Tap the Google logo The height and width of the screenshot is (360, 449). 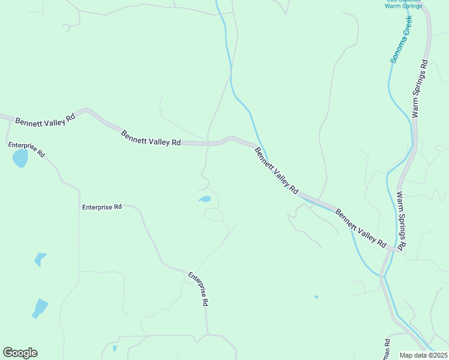[x=20, y=353]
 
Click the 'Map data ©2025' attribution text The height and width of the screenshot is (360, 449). [x=423, y=355]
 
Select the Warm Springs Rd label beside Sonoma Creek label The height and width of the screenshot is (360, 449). [x=420, y=88]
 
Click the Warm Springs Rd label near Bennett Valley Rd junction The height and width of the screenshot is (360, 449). [x=401, y=220]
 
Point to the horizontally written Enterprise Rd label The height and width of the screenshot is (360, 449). [x=102, y=207]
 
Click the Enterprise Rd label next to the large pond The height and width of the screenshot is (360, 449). [x=26, y=149]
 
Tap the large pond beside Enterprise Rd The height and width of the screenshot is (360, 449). [x=20, y=158]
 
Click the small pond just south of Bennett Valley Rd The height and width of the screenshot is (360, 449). [x=205, y=199]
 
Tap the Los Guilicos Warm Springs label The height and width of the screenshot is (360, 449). [x=403, y=4]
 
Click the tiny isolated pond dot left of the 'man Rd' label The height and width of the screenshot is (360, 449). [x=316, y=296]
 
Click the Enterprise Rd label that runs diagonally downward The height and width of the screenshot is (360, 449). [x=198, y=289]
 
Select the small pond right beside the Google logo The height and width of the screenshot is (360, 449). [x=115, y=348]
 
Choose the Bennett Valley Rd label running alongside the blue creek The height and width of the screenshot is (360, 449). [x=276, y=170]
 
